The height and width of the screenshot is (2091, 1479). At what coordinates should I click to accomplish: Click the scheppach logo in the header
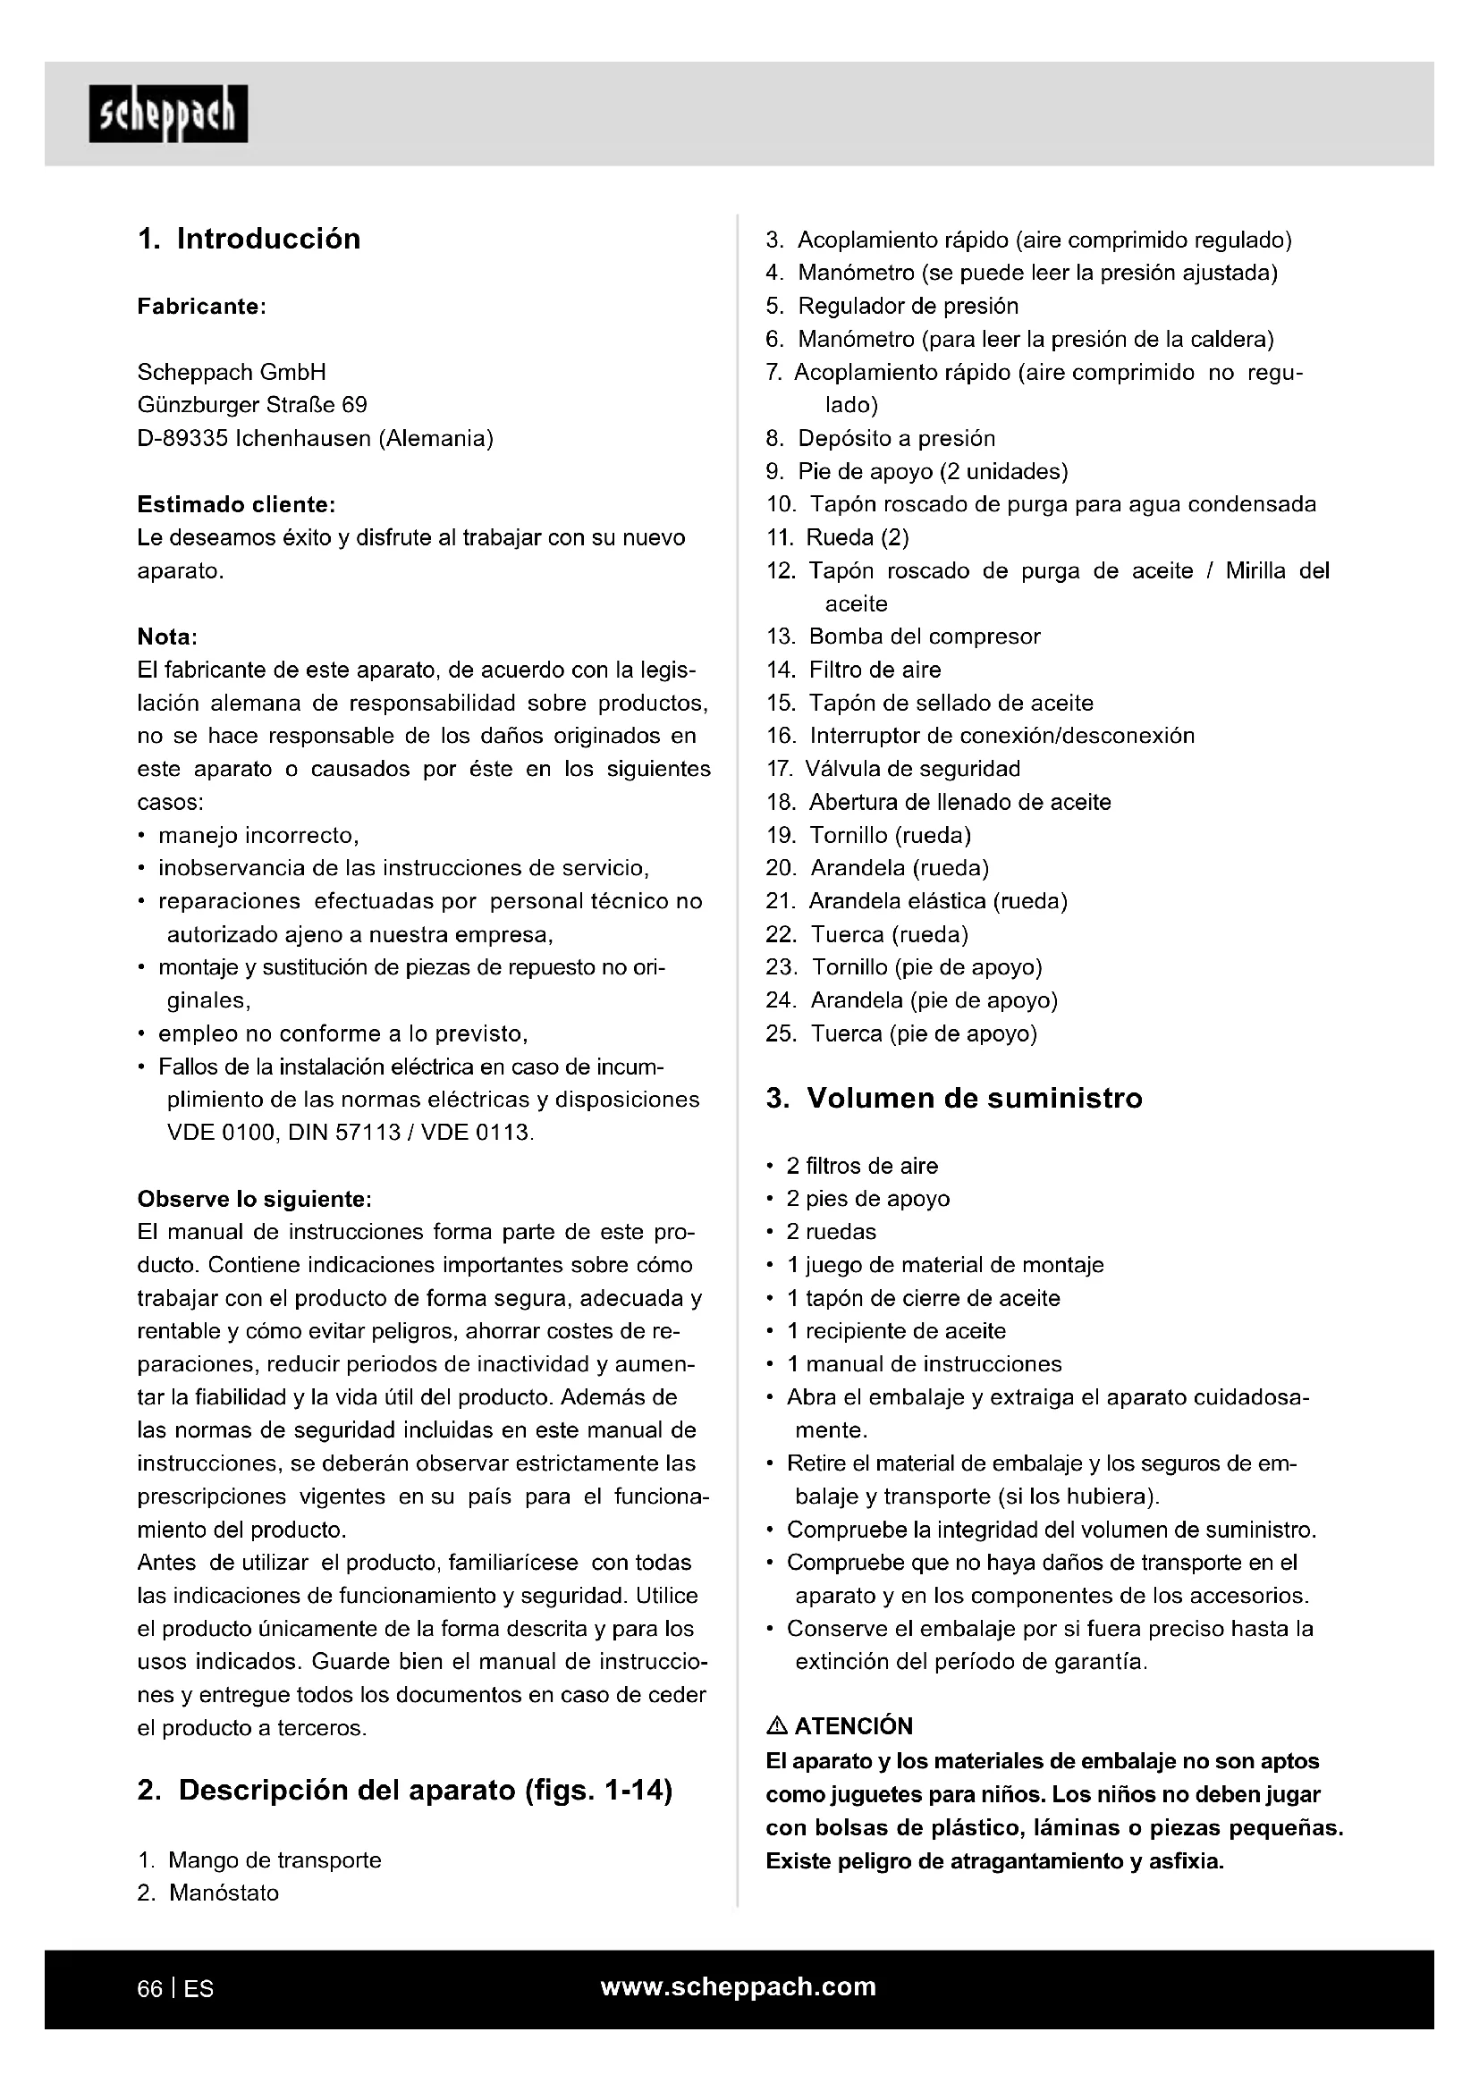point(168,114)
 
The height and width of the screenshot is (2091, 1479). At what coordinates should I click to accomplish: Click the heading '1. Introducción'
point(249,239)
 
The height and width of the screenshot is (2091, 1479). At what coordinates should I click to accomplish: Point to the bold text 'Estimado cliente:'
point(236,504)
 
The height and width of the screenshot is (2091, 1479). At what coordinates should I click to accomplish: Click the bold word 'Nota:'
point(167,637)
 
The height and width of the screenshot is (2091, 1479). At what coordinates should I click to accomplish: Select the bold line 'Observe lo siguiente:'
point(254,1199)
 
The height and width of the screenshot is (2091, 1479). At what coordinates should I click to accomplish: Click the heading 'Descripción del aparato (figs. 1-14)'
point(425,1791)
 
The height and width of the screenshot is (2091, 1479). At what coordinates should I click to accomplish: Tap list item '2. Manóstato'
point(208,1893)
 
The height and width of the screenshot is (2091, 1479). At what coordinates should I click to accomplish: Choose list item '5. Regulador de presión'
point(892,306)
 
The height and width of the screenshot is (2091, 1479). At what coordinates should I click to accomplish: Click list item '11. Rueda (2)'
point(838,537)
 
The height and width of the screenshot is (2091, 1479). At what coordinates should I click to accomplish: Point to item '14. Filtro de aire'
point(853,670)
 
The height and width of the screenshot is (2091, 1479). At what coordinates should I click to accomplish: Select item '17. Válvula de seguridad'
point(893,769)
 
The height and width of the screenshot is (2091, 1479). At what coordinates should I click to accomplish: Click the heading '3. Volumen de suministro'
point(953,1099)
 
